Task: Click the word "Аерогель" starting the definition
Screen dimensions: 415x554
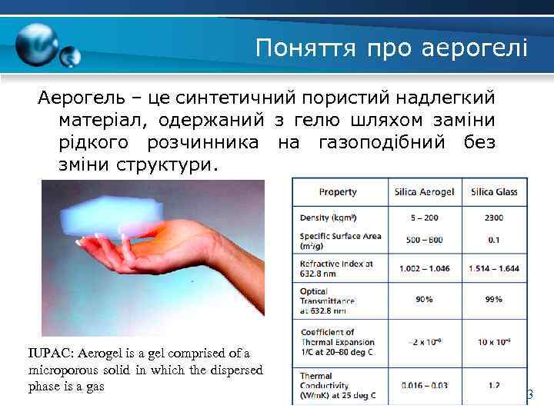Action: [80, 99]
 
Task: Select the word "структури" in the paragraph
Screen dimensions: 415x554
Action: [164, 165]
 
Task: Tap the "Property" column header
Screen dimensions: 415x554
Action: [338, 191]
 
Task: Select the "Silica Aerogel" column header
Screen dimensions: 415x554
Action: [424, 191]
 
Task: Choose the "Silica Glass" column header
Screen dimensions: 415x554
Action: [494, 191]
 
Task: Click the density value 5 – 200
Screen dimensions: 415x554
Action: [424, 217]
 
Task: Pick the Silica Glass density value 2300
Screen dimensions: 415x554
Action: [493, 217]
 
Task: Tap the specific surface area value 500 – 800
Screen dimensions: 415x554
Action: [424, 240]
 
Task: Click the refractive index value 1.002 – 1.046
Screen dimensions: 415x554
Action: [424, 268]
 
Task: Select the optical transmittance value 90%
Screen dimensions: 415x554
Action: [424, 300]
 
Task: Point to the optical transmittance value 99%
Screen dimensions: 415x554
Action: [493, 300]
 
